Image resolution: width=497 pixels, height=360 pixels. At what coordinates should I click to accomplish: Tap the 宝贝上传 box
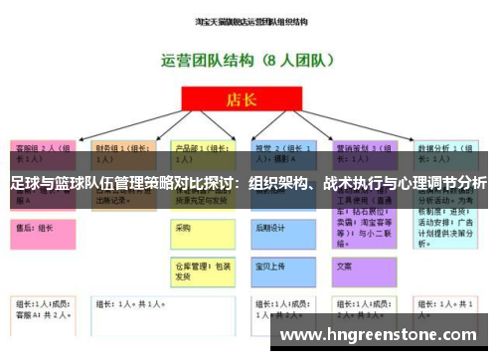click(x=287, y=269)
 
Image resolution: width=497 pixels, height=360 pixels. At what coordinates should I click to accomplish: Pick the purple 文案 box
click(x=368, y=269)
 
